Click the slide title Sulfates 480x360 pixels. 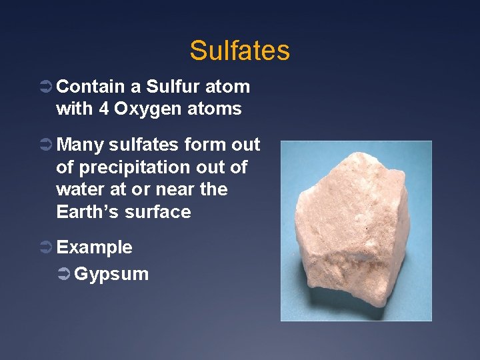tap(239, 51)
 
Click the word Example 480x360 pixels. tap(94, 247)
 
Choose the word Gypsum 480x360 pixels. tap(111, 274)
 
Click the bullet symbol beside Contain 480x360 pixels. tap(47, 87)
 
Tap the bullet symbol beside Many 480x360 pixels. tap(47, 145)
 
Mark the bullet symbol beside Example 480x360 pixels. tap(47, 248)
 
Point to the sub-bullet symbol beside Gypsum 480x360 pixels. tap(64, 274)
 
